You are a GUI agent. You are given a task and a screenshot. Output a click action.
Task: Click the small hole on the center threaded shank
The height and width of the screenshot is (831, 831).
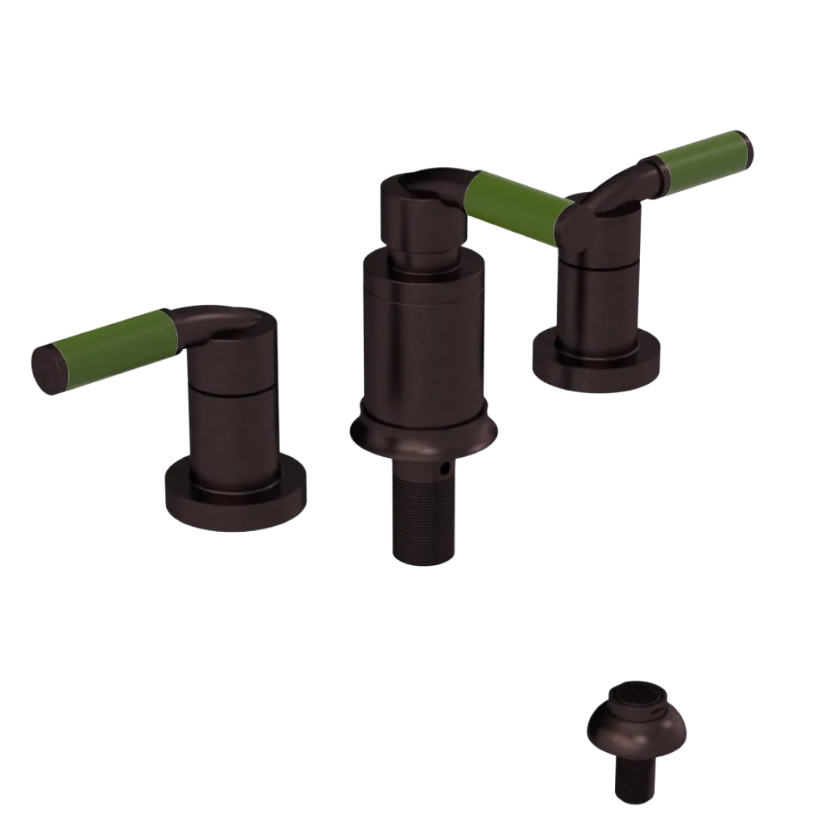447,470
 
